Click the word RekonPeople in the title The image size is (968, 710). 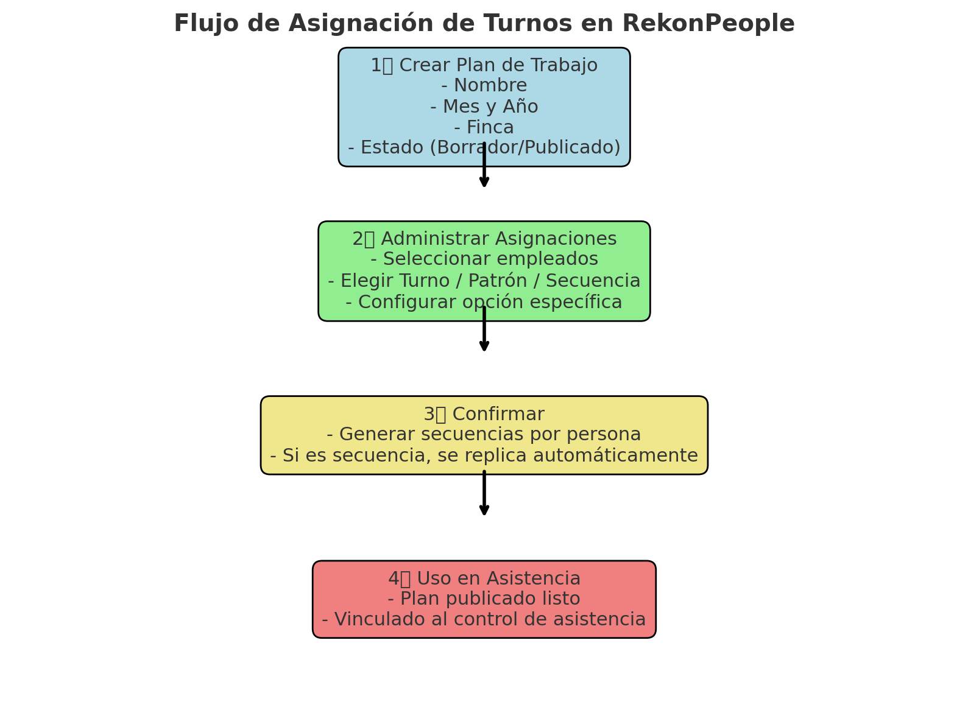tap(708, 23)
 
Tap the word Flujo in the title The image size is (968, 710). tap(206, 23)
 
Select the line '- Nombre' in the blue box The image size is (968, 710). tap(484, 85)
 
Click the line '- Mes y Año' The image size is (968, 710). tap(484, 106)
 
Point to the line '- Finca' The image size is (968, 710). tap(484, 127)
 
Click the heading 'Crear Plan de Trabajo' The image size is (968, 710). tap(498, 65)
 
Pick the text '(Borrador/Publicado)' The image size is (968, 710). tap(525, 147)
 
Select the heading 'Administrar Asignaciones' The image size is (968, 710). tap(499, 239)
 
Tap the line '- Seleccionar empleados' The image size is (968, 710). tap(484, 259)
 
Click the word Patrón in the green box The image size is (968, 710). tap(497, 280)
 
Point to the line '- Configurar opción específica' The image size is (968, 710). tap(484, 302)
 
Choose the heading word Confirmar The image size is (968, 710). tap(498, 413)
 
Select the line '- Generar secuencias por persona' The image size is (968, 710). tap(484, 434)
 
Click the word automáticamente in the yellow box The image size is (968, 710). tap(615, 455)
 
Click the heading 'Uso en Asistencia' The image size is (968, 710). tap(499, 578)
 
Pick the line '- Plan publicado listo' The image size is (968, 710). tap(484, 599)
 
